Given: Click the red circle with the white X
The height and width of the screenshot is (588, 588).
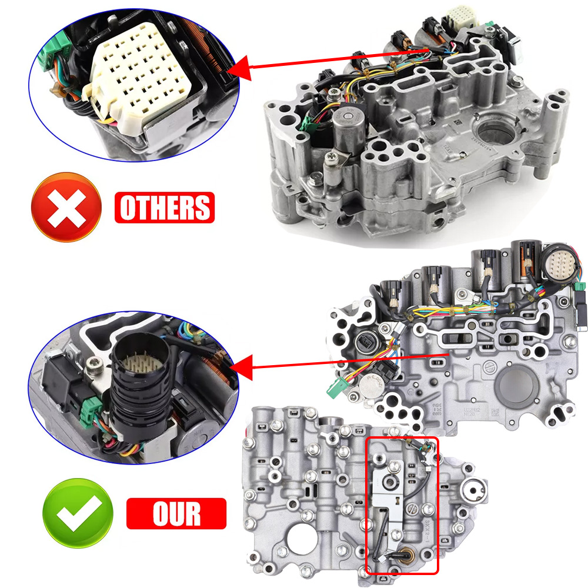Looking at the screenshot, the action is (66, 208).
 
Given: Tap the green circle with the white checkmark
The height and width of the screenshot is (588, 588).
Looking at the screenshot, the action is (78, 513).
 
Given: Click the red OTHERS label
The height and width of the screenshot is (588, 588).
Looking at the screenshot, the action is (165, 208).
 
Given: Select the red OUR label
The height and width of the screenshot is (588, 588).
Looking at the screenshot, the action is (176, 513).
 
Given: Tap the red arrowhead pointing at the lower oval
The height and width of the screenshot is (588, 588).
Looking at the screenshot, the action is (240, 368).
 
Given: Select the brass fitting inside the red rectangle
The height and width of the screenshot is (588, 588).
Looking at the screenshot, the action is (405, 554).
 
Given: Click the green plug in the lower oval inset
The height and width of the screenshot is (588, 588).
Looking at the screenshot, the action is (92, 408).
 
